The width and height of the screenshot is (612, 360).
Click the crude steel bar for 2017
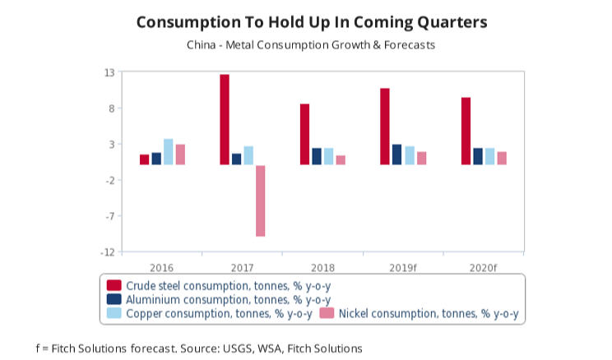coord(225,120)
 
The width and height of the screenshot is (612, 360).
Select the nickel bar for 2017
coord(261,201)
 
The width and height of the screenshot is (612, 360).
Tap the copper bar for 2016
coord(168,152)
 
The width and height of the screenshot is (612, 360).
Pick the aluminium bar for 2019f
coord(397,155)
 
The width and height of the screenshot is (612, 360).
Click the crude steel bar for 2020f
coord(466,132)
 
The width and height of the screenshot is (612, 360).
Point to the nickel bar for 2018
coord(341,160)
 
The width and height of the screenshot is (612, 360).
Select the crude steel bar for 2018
coord(304,134)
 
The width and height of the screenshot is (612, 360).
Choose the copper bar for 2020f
coord(489,156)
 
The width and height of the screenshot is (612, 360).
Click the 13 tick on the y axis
coord(109,72)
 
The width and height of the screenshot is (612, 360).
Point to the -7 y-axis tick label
coord(108,216)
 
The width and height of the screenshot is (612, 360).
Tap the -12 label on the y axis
coord(106,252)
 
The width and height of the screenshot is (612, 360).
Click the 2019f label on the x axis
coord(403,267)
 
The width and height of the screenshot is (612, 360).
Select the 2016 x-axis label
coord(161,267)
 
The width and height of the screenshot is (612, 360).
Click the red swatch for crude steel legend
coord(114,285)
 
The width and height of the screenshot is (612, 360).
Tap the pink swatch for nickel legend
coord(327,313)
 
